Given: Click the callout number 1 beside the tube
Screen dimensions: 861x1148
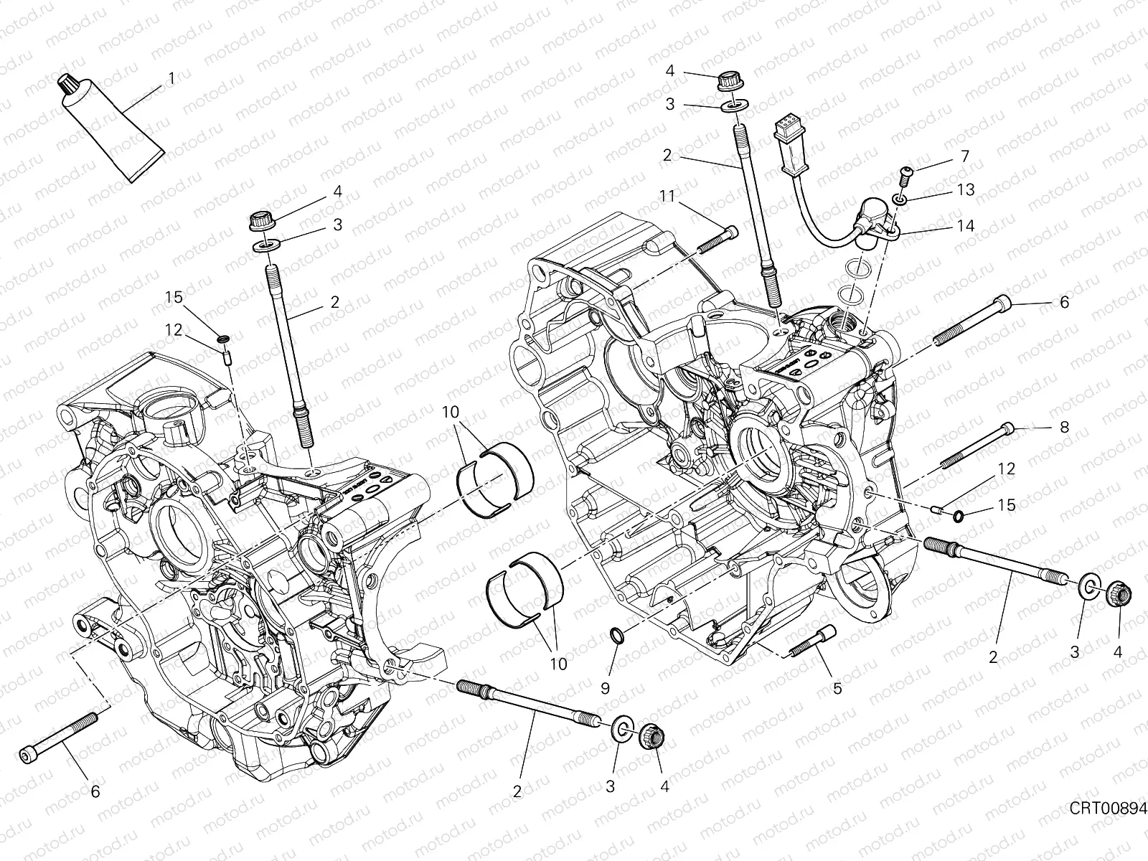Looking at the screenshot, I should coord(171,77).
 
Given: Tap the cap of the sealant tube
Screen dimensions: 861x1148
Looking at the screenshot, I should coord(69,84).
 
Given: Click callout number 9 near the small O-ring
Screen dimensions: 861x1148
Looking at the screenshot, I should coord(605,688).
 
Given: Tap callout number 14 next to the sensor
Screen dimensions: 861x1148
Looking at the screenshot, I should coord(965,226).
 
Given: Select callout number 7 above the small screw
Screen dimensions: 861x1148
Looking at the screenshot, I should coord(965,156).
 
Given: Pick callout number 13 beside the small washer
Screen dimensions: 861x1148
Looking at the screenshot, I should coord(965,189).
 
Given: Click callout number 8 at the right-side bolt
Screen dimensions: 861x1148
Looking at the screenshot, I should coord(1064,427).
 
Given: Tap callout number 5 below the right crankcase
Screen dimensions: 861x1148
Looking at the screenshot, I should coord(837,688).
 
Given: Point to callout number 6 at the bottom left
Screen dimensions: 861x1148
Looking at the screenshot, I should coord(95,791).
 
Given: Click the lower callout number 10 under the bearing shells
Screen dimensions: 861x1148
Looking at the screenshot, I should coord(557,664).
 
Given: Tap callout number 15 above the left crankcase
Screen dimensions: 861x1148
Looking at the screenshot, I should coord(174,296).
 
